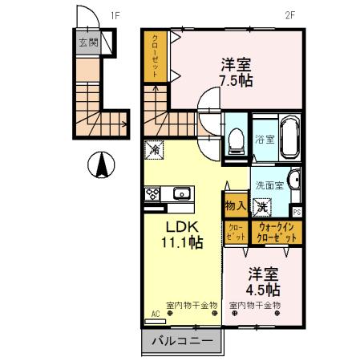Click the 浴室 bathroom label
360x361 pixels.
265,139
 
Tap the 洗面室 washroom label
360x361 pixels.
269,185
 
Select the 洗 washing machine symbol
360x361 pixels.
262,206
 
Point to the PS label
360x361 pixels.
297,212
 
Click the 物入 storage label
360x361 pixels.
235,206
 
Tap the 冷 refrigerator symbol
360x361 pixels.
152,149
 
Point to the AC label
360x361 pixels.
155,314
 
